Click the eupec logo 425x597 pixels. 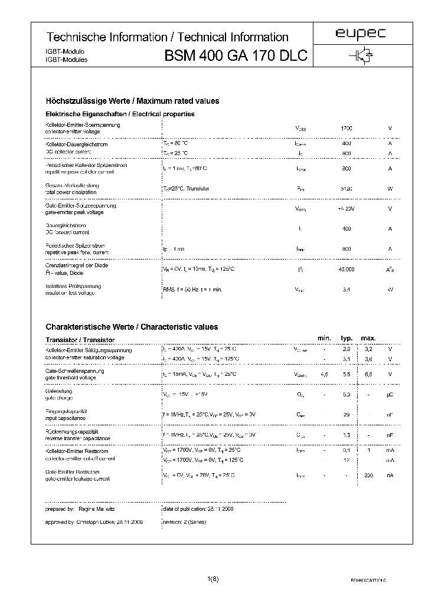pyautogui.click(x=360, y=34)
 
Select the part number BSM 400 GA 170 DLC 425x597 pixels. pyautogui.click(x=236, y=56)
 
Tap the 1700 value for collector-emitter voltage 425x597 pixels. pyautogui.click(x=346, y=128)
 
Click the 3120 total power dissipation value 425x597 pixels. pyautogui.click(x=346, y=189)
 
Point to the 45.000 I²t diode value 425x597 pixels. pyautogui.click(x=346, y=269)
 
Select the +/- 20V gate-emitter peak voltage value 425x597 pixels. pyautogui.click(x=346, y=209)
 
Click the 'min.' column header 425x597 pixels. pyautogui.click(x=324, y=338)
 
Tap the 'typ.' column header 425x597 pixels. pyautogui.click(x=346, y=338)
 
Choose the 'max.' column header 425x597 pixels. pyautogui.click(x=368, y=338)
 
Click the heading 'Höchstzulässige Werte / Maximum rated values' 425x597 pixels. pyautogui.click(x=132, y=101)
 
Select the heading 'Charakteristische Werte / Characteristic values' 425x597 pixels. pyautogui.click(x=132, y=327)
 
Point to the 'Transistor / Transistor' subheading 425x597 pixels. pyautogui.click(x=80, y=340)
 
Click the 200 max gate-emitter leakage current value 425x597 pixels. pyautogui.click(x=369, y=475)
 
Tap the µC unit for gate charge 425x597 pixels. pyautogui.click(x=390, y=394)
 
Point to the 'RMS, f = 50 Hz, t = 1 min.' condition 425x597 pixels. pyautogui.click(x=192, y=290)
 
